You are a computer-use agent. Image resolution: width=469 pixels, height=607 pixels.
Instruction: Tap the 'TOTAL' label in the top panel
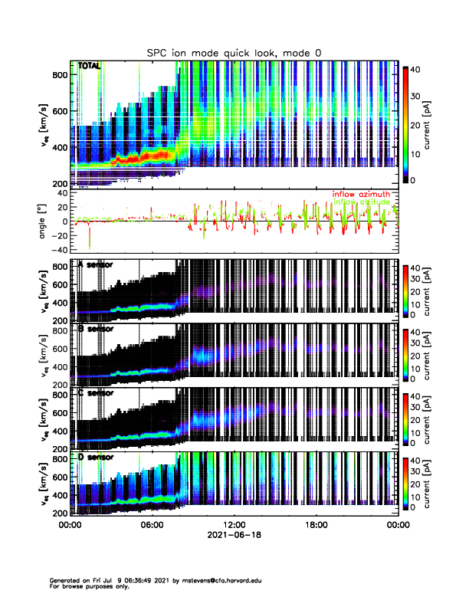89,67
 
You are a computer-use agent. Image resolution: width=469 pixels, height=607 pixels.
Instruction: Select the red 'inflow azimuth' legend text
361,195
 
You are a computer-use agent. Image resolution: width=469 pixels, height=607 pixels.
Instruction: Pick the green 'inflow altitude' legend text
361,202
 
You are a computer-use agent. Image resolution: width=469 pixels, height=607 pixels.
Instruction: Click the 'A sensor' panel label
96,265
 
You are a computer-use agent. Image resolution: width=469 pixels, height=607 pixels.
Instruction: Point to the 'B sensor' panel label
96,329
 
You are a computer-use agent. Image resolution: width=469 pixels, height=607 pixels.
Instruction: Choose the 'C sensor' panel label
96,393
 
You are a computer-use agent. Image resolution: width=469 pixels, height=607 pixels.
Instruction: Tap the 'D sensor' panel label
96,458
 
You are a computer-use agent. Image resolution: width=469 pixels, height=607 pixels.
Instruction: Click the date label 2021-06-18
234,536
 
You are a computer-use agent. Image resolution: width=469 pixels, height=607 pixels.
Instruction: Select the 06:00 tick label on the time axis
152,525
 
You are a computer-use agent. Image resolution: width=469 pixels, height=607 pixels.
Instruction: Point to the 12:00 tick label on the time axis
234,525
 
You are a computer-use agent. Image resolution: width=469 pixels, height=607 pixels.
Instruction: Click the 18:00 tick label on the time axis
316,525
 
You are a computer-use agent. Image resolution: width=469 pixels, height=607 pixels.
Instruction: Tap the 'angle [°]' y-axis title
45,222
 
